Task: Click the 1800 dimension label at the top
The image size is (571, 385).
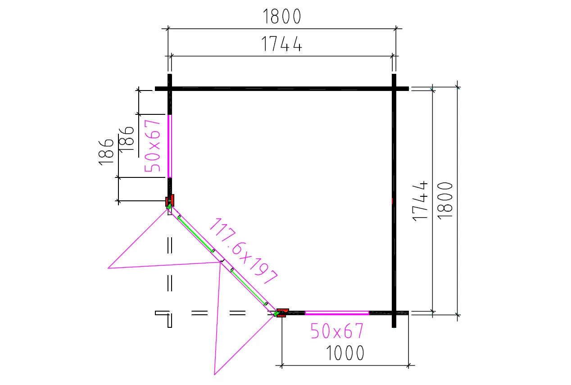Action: tap(282, 16)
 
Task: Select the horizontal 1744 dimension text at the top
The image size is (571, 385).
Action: tap(282, 44)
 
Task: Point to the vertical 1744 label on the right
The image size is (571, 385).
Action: tap(420, 201)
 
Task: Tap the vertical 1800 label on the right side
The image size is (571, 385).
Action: tap(445, 201)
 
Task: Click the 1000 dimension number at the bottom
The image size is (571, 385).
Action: tap(345, 353)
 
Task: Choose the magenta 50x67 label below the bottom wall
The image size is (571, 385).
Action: tap(337, 331)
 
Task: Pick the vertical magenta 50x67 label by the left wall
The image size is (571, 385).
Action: tap(152, 146)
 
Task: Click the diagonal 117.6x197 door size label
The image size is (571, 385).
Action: tap(243, 251)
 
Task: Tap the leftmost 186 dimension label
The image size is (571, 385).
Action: tap(106, 152)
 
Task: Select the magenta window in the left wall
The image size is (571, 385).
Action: tap(169, 146)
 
